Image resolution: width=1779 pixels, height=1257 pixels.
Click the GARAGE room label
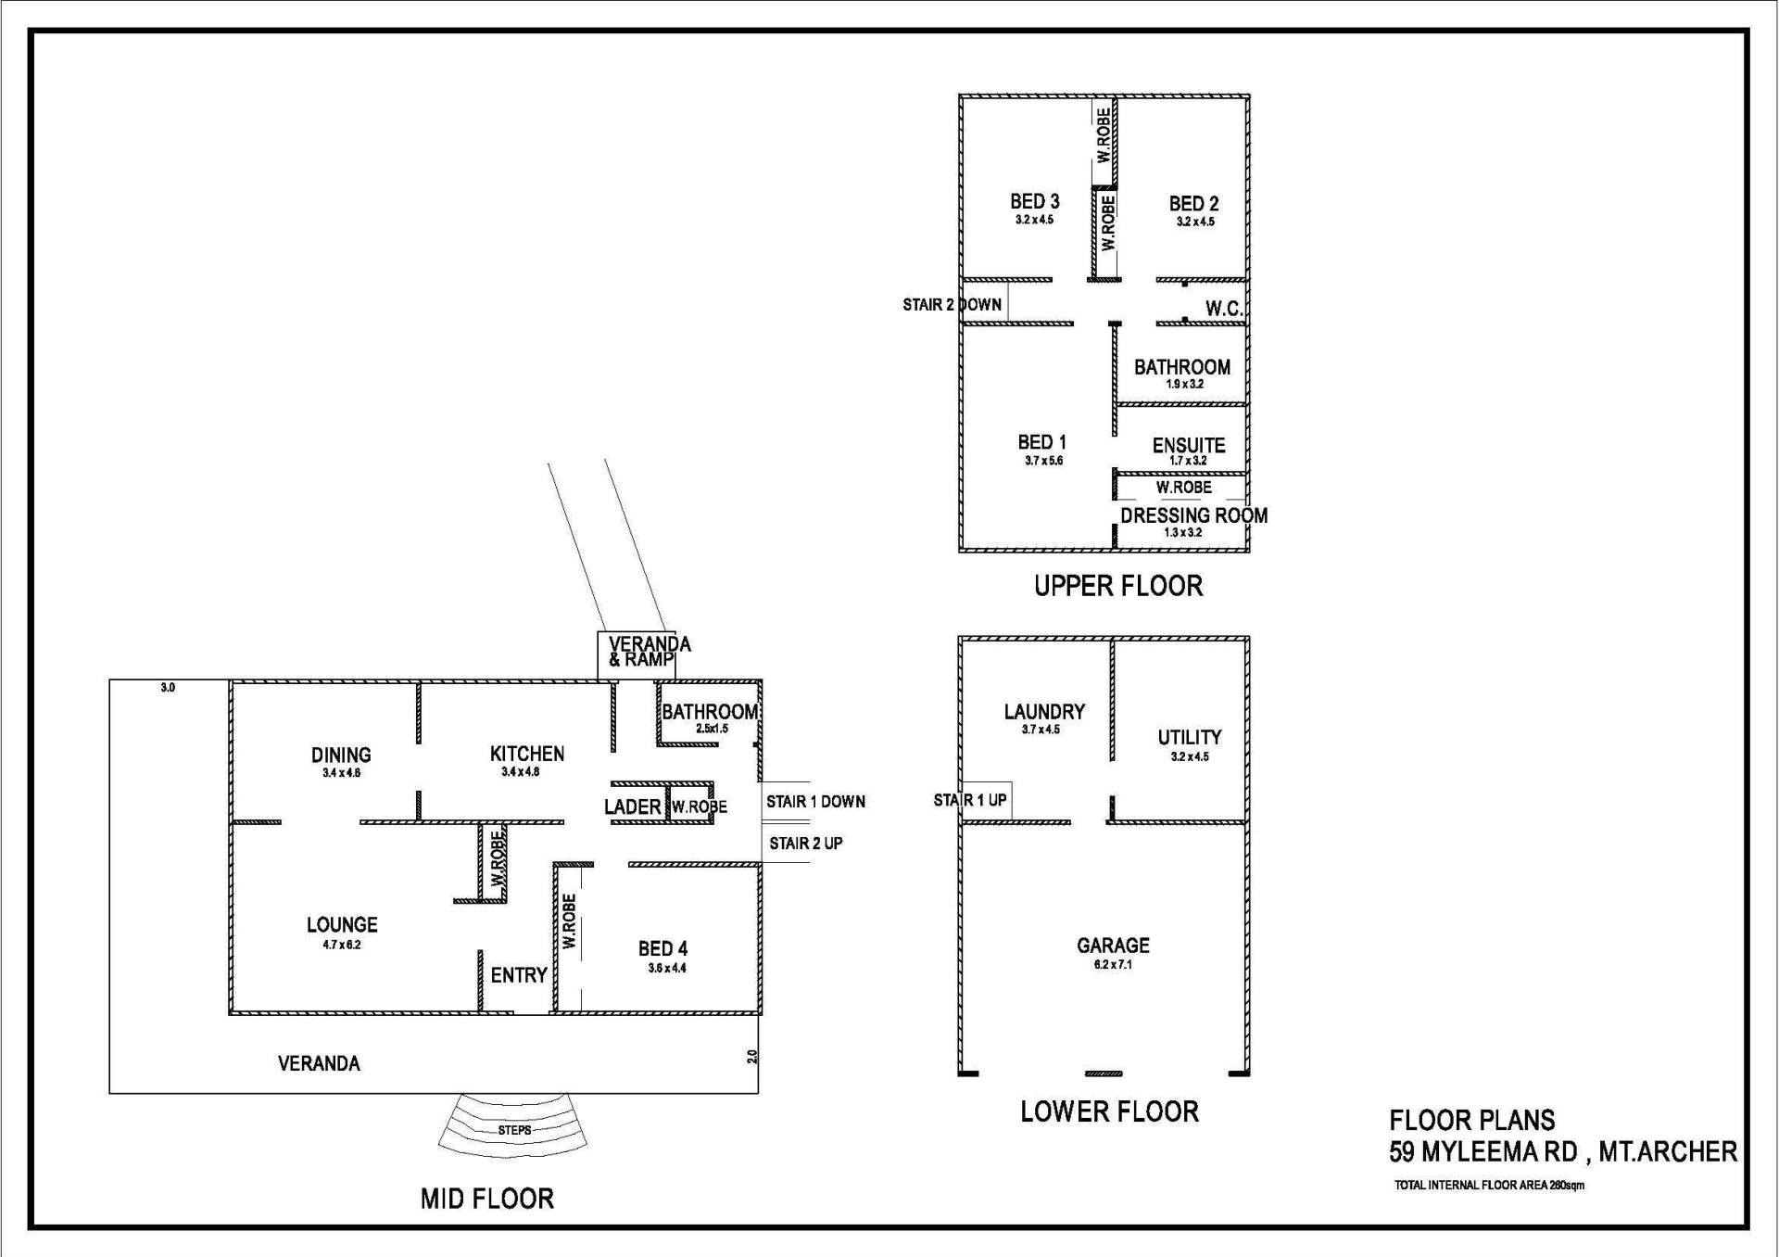pos(1113,946)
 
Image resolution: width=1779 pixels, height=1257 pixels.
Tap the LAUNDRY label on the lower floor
pos(1044,712)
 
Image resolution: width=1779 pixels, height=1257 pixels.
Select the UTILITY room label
pos(1190,738)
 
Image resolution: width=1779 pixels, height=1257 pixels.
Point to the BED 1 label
pos(1042,442)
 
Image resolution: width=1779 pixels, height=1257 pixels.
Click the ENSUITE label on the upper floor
pos(1189,445)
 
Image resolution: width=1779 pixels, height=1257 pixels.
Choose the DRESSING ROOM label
pos(1193,515)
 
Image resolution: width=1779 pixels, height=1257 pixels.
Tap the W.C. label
pos(1224,310)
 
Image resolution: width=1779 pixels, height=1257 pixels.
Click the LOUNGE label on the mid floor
pos(342,924)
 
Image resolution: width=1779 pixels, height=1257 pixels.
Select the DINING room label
pos(341,755)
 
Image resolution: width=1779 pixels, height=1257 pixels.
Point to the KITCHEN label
pos(527,754)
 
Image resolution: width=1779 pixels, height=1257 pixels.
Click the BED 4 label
pos(662,948)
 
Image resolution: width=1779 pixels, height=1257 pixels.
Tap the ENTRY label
pos(519,975)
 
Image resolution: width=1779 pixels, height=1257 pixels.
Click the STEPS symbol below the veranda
pos(514,1130)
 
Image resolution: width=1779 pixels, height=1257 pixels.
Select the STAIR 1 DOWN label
pos(815,802)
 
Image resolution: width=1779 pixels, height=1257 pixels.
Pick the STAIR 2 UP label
pos(806,844)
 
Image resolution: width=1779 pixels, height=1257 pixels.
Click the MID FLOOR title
pos(487,1199)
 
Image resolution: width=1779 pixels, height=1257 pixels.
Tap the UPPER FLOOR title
pos(1118,586)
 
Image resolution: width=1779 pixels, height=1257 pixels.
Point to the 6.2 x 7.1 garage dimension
pos(1113,965)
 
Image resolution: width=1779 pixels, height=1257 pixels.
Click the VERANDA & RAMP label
pos(650,652)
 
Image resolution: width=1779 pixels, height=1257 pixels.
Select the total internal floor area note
pos(1489,1186)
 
